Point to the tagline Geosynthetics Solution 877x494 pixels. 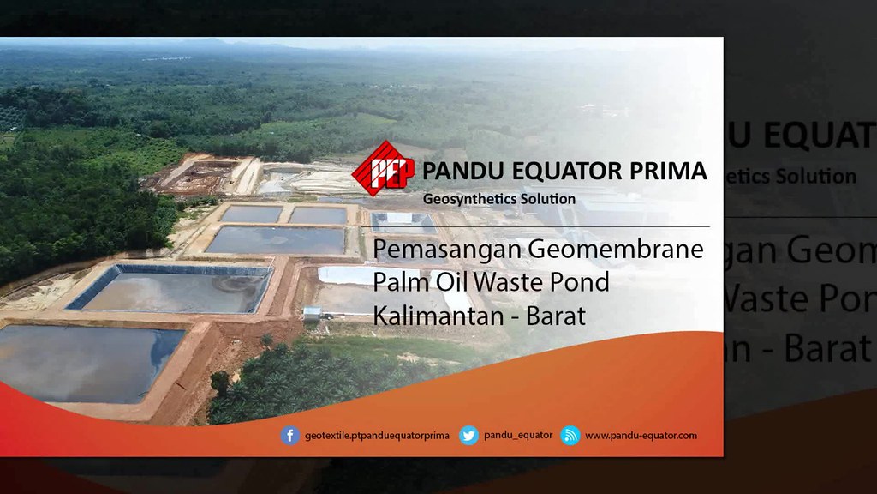499,198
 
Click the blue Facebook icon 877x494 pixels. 290,436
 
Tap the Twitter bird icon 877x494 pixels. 468,436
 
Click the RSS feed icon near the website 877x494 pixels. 570,436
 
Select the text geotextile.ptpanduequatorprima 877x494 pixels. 377,436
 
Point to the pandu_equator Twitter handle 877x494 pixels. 518,436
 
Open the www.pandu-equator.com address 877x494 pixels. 641,436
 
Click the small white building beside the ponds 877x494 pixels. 313,313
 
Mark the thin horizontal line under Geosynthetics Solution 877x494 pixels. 540,226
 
